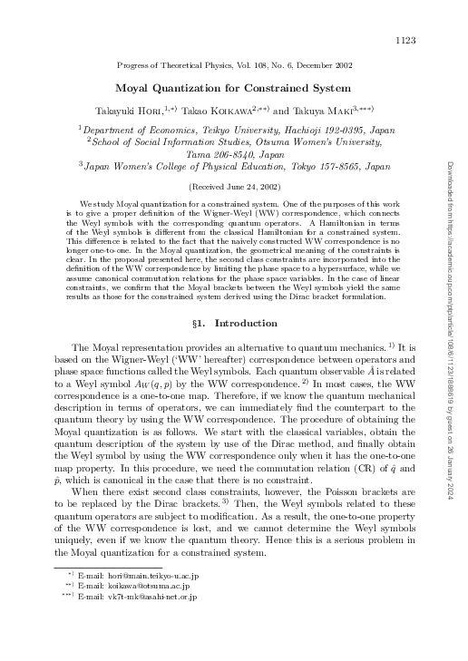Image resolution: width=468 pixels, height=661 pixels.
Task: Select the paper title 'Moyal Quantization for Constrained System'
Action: pos(234,89)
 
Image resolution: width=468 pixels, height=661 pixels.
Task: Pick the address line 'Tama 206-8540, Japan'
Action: pos(234,155)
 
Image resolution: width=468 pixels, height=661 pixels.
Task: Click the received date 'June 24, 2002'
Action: pos(237,185)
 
